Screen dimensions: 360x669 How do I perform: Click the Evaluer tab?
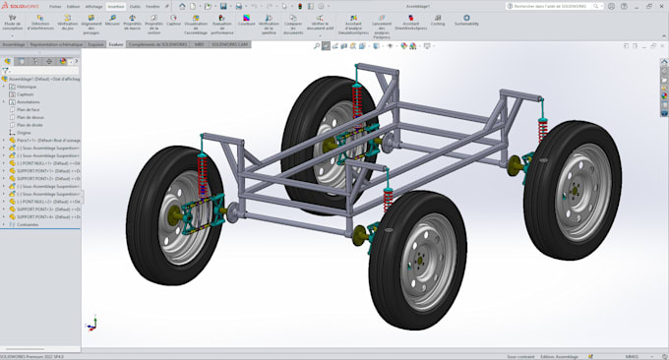click(116, 44)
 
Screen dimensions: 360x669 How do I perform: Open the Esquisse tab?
click(95, 44)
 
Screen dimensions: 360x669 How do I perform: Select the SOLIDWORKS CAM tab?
click(230, 44)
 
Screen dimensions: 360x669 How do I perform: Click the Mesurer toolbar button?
click(112, 22)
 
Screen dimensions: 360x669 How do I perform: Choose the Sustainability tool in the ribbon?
click(466, 21)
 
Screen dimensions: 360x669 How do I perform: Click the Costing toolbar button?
click(437, 21)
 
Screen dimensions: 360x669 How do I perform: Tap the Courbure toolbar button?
click(246, 22)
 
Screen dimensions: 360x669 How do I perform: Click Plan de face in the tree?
click(30, 109)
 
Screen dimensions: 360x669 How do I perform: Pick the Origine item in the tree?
click(25, 132)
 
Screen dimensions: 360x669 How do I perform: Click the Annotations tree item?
click(29, 101)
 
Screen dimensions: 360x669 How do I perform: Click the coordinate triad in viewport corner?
click(91, 323)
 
